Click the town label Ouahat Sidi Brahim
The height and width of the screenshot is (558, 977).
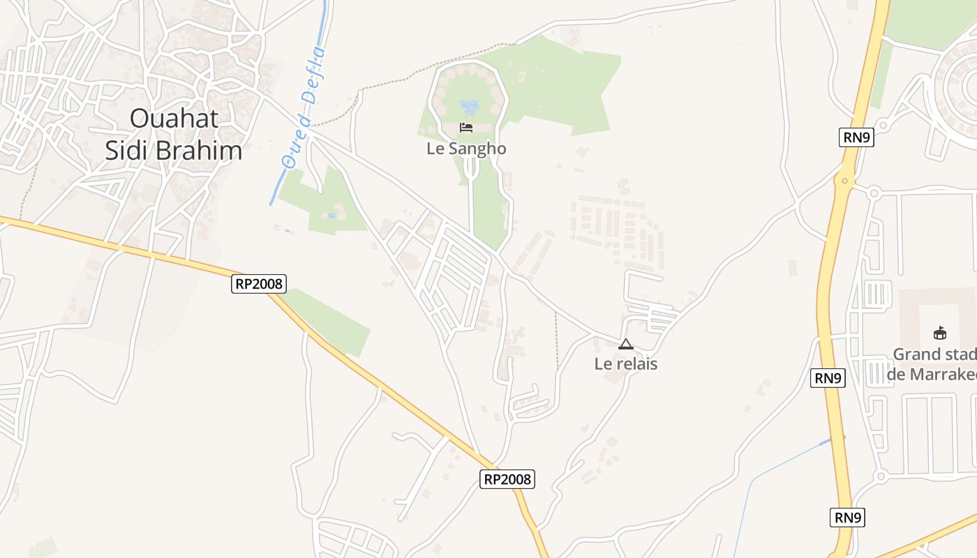point(174,134)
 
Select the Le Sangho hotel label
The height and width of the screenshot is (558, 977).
point(466,149)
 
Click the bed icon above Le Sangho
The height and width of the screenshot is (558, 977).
point(466,128)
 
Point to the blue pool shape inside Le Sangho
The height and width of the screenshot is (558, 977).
point(470,107)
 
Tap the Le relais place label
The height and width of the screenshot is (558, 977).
point(626,363)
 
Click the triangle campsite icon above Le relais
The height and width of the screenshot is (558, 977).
point(626,344)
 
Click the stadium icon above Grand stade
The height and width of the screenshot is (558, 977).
point(940,333)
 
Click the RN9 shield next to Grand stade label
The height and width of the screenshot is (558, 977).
point(828,378)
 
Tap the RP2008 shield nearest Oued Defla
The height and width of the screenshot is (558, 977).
point(259,283)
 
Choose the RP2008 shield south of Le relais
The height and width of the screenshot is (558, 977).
point(507,479)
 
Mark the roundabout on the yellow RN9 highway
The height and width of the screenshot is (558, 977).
point(845,182)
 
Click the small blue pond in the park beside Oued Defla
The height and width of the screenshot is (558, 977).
point(330,216)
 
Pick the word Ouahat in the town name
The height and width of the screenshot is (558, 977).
point(174,118)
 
